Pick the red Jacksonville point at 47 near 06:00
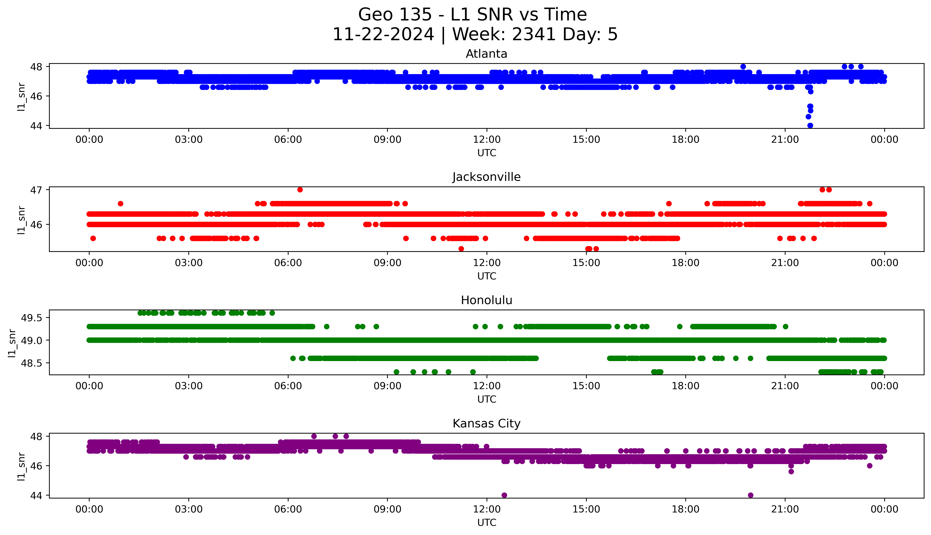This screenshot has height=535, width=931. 300,190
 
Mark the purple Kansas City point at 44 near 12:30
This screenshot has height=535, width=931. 504,495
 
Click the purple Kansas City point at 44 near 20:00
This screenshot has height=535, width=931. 750,495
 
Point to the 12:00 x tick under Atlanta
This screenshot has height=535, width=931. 487,140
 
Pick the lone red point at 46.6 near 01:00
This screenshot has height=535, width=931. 120,204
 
